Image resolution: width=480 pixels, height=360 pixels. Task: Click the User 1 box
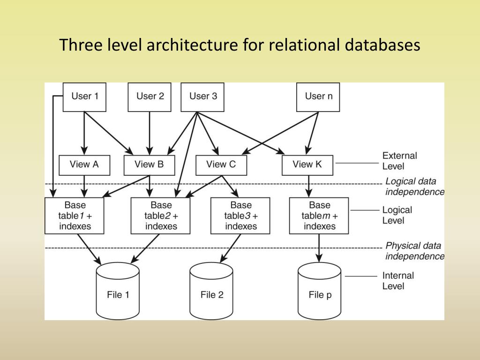pyautogui.click(x=84, y=97)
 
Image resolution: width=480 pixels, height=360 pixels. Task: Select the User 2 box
pyautogui.click(x=150, y=97)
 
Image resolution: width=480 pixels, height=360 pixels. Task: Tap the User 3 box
pyautogui.click(x=202, y=97)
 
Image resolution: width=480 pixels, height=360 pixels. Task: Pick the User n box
pyautogui.click(x=318, y=97)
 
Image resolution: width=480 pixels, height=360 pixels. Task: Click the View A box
pyautogui.click(x=84, y=165)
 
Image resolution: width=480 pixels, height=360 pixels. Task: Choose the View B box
pyautogui.click(x=149, y=165)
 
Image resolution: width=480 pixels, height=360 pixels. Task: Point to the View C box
pyautogui.click(x=221, y=165)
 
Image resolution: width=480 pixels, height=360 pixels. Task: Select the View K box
pyautogui.click(x=307, y=165)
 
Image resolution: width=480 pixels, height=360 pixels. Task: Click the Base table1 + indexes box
pyautogui.click(x=75, y=216)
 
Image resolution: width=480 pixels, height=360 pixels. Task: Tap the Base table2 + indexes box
pyautogui.click(x=161, y=216)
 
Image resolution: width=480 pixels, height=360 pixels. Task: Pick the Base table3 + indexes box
pyautogui.click(x=240, y=216)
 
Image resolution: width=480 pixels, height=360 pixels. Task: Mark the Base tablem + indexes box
pyautogui.click(x=319, y=216)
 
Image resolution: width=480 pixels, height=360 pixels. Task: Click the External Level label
pyautogui.click(x=399, y=161)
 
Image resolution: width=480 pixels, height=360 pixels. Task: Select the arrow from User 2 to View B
pyautogui.click(x=150, y=134)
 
